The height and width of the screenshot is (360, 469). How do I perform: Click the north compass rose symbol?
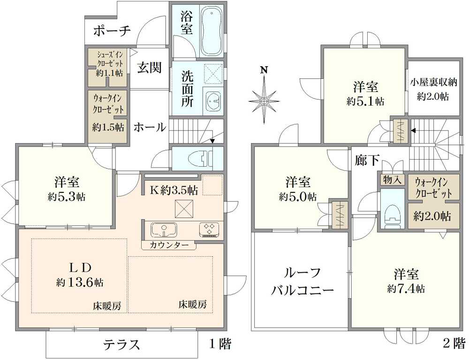tap(265, 99)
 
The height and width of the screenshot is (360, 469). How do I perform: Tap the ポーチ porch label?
tap(112, 31)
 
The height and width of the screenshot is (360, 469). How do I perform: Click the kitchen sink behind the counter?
tap(163, 230)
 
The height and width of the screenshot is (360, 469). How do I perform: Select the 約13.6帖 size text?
tap(80, 283)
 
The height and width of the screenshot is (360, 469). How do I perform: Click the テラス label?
tap(121, 345)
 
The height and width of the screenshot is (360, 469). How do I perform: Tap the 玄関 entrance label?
tap(149, 68)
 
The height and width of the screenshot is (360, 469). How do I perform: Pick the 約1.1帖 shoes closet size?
tap(109, 73)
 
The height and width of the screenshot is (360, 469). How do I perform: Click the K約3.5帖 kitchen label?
tap(174, 190)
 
